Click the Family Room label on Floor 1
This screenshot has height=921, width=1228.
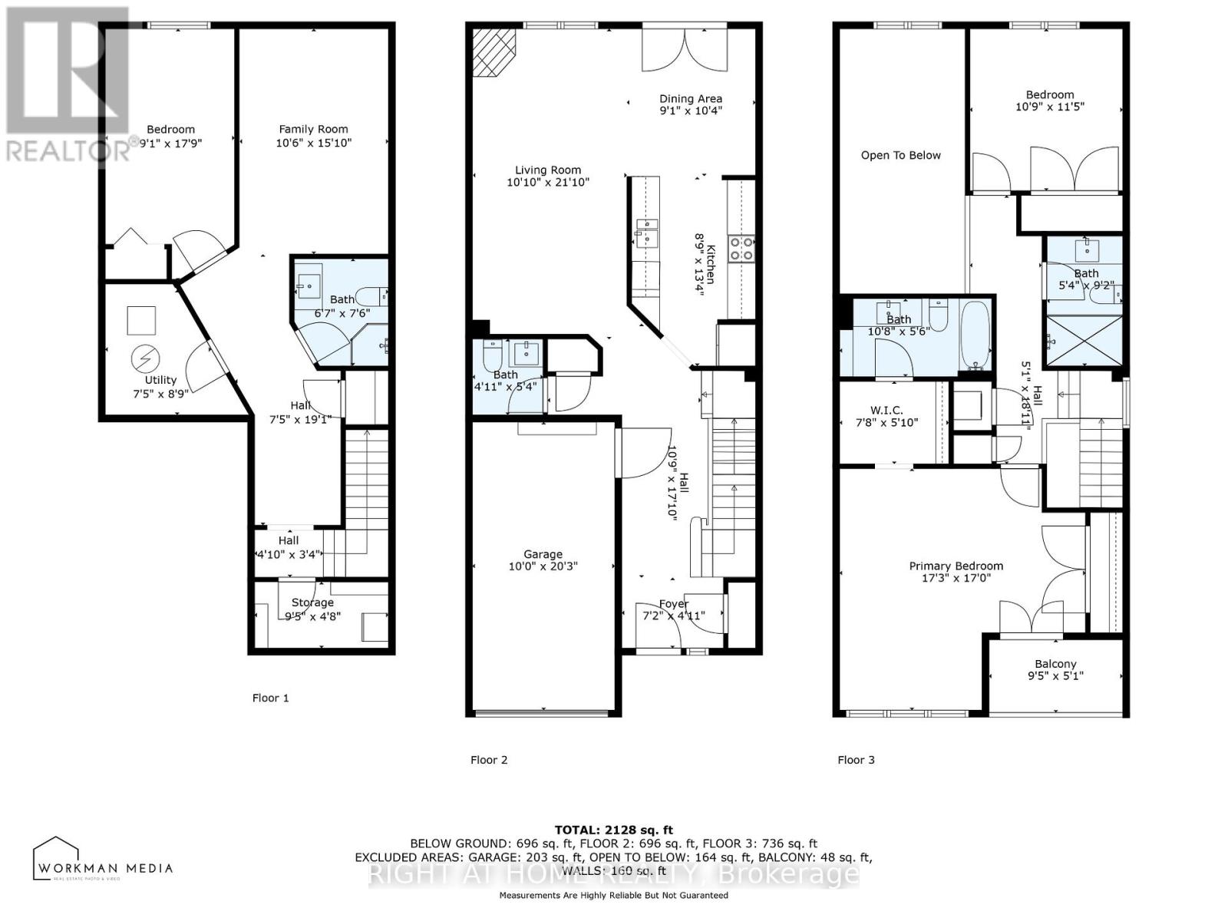313,129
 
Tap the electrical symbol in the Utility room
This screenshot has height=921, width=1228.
144,358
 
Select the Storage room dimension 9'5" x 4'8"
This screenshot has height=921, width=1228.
312,616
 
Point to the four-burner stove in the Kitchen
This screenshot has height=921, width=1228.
741,248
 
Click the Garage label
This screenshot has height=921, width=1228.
543,554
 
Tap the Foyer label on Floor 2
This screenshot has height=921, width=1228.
673,603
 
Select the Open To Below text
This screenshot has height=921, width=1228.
900,155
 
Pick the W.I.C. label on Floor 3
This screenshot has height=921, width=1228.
886,410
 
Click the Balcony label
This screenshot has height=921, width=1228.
1055,664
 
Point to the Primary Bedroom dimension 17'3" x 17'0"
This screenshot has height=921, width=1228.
956,579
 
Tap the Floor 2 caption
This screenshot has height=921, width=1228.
489,760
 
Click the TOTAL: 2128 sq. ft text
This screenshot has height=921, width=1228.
613,830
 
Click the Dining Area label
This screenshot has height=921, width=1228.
691,98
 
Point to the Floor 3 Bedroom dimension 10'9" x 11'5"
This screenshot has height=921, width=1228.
1049,107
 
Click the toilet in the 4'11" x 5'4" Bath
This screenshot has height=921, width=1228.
491,355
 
